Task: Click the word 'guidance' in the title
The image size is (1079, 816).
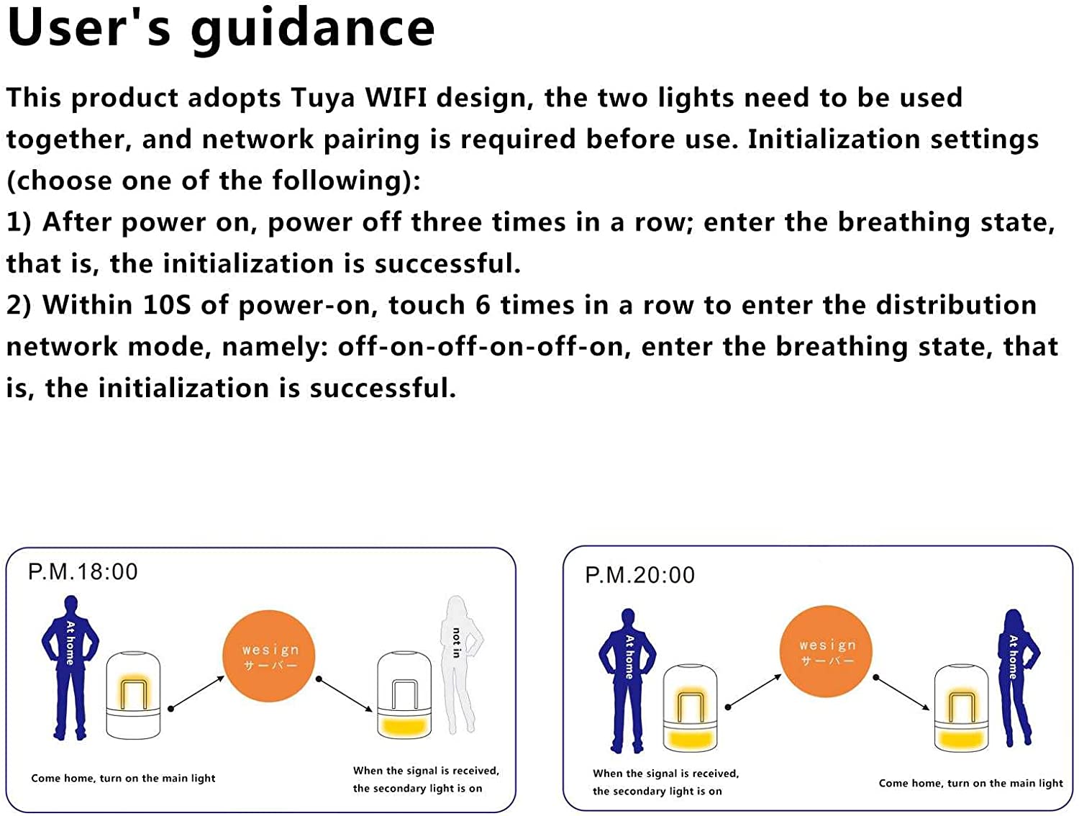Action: pos(313,30)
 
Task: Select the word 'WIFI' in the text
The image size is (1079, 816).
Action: pos(396,97)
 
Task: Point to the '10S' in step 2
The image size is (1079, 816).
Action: pos(167,305)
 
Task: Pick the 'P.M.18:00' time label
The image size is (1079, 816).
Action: pos(83,571)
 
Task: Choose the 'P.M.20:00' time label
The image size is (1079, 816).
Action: pos(640,575)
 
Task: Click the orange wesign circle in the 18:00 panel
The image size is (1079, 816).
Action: pos(269,656)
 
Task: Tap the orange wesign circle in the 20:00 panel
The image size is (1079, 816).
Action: pos(826,651)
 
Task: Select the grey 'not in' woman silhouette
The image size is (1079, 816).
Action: pos(461,665)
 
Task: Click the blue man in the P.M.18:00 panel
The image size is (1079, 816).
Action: pos(70,668)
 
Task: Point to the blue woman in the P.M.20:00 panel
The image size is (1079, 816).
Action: pos(1017,678)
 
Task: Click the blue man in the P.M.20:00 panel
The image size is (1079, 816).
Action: pos(627,681)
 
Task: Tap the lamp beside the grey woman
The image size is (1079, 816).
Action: pos(404,695)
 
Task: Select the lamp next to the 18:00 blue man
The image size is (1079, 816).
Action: pos(133,695)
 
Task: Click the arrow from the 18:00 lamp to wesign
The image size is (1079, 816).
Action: pos(196,693)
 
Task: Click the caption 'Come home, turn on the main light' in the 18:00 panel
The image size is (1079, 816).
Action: pos(124,778)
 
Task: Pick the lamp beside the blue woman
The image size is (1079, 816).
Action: pos(961,708)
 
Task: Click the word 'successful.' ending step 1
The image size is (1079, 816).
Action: pos(447,263)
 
